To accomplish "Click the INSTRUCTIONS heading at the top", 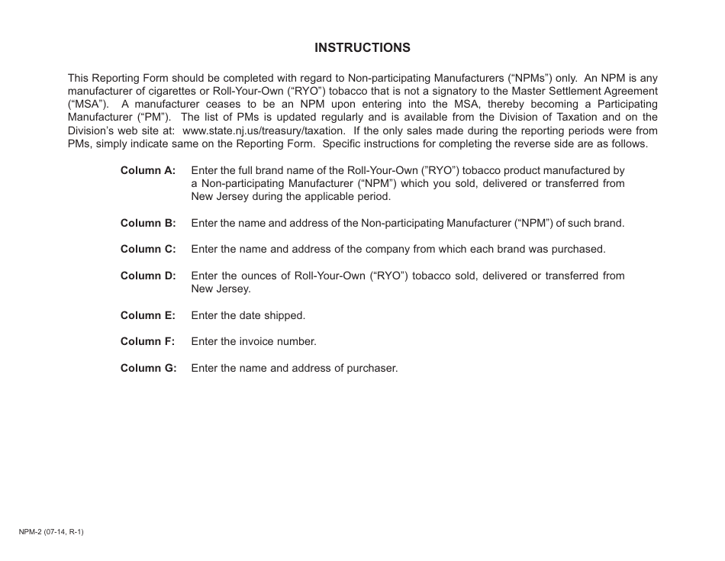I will [x=362, y=47].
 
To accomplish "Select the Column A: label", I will [x=148, y=170].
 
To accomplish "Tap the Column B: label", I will [x=148, y=224].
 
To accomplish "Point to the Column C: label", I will [x=148, y=250].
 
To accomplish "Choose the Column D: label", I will [x=148, y=276].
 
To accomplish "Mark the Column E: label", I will [x=148, y=315].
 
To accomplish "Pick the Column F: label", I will [x=148, y=342].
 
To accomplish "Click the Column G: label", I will [x=148, y=368].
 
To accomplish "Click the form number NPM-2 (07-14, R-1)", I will [x=51, y=532].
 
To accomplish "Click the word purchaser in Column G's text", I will [x=372, y=368].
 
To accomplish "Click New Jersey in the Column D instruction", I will [x=221, y=289].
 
